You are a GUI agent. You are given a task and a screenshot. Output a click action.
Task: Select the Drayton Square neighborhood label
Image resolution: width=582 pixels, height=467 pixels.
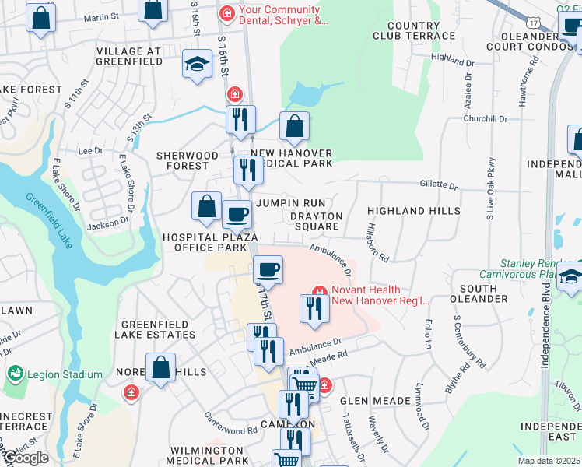[316, 221]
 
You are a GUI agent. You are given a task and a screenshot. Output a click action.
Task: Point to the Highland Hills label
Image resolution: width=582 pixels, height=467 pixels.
[407, 211]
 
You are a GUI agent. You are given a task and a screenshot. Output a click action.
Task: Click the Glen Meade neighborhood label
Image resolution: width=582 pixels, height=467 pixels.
[376, 401]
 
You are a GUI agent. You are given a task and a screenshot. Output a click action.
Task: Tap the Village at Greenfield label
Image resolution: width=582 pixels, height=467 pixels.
[128, 51]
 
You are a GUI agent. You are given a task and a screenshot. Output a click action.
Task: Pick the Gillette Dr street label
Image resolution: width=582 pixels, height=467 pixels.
[438, 185]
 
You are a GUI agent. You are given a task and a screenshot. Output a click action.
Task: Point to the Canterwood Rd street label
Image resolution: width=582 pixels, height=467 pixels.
[230, 429]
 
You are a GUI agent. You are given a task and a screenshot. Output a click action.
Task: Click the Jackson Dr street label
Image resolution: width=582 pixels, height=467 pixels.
[108, 224]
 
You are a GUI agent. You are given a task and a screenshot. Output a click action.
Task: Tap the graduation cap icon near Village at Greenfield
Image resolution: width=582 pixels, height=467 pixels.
[198, 64]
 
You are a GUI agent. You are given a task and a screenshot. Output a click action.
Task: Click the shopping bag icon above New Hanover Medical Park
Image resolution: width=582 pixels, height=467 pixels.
[294, 126]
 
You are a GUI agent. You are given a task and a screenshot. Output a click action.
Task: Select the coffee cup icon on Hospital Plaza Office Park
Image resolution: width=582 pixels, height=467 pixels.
[237, 213]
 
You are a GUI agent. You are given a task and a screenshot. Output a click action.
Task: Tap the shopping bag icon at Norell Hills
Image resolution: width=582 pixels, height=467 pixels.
[160, 368]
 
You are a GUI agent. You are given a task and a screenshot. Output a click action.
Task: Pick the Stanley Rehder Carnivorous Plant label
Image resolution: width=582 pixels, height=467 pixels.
[538, 269]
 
